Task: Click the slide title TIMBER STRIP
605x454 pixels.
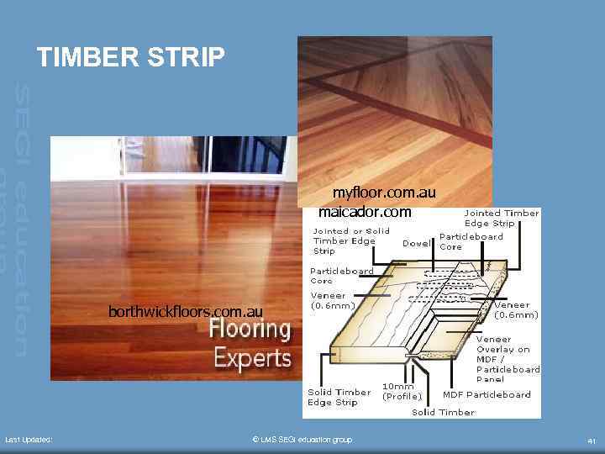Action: tap(131, 57)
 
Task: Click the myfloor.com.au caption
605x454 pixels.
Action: tap(384, 193)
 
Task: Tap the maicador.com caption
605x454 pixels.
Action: tap(365, 211)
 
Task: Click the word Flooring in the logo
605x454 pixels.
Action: tap(250, 328)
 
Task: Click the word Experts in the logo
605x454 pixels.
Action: tap(252, 358)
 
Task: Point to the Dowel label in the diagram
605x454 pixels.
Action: tap(417, 243)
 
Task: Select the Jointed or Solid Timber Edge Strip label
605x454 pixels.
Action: tap(351, 240)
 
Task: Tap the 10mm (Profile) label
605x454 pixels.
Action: tap(402, 391)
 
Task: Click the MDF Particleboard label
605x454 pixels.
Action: tap(487, 394)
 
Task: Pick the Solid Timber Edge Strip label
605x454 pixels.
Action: tap(339, 397)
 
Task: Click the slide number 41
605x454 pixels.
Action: tap(592, 440)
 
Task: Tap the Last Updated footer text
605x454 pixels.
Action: tap(29, 440)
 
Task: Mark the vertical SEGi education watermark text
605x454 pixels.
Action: tap(20, 219)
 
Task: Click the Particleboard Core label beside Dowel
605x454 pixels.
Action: tap(471, 241)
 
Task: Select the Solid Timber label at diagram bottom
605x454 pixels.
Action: tap(443, 412)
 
